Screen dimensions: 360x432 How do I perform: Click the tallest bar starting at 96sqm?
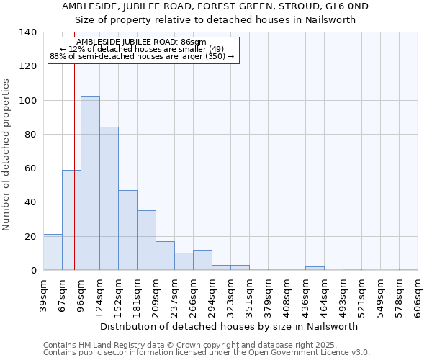(x=90, y=184)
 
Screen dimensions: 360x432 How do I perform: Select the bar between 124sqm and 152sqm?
(x=109, y=199)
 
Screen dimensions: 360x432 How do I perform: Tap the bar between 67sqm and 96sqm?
(x=71, y=220)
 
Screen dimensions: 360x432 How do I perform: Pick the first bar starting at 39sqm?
(x=53, y=252)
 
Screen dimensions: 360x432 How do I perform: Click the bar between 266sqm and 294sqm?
(x=202, y=260)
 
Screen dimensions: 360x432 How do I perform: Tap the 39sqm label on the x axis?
(x=43, y=294)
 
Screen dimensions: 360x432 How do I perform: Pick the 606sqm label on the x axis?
(x=418, y=294)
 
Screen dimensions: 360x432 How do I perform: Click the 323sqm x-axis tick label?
(x=230, y=294)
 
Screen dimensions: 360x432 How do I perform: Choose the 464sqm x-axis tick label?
(x=324, y=294)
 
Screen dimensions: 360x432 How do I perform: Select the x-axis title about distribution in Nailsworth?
(x=229, y=326)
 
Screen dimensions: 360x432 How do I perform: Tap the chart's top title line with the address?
(x=215, y=6)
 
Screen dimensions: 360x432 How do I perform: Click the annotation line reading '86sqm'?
(x=141, y=42)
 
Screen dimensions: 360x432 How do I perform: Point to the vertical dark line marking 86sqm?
(x=74, y=180)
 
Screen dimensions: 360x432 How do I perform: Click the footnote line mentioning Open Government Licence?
(x=207, y=353)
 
